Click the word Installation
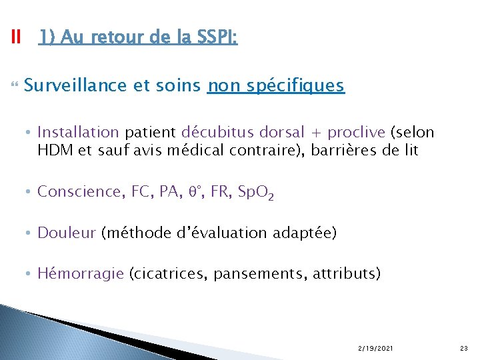78,132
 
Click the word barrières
350,151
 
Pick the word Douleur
67,233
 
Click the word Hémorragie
81,273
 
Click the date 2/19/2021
375,348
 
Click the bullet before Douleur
31,233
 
